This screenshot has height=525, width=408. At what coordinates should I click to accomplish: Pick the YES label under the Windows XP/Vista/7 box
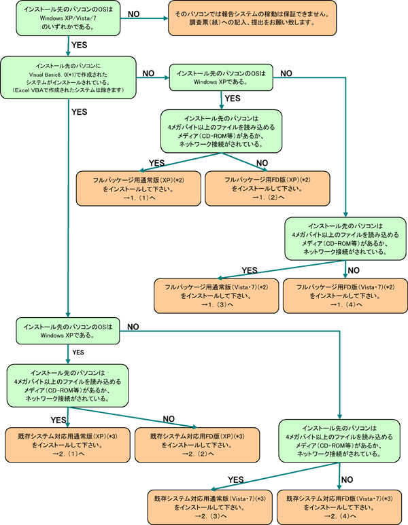click(80, 46)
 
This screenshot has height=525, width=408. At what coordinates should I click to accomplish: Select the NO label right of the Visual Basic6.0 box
click(149, 71)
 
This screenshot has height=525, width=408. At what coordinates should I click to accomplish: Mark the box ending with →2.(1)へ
click(67, 443)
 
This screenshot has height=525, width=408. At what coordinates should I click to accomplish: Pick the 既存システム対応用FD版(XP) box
click(197, 443)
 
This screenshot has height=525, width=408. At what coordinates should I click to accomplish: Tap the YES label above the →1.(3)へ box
click(250, 270)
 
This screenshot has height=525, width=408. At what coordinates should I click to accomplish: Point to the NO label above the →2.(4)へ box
click(346, 479)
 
